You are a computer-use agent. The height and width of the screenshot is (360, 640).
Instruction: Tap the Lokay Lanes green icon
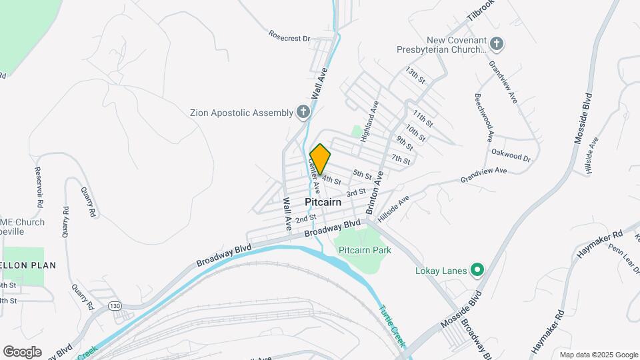point(477,270)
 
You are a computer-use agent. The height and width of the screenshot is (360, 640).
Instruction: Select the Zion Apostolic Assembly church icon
point(303,112)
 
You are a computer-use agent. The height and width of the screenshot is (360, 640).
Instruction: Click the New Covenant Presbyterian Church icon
point(496,45)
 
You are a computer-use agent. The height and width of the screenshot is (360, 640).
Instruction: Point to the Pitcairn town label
point(323,201)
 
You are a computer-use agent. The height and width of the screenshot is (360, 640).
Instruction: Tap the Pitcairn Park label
point(365,250)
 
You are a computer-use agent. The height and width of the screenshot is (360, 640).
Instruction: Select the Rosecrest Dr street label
point(289,35)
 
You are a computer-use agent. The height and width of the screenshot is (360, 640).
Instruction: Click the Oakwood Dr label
point(511,155)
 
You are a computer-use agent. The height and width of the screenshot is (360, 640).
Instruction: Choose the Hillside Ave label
point(393,209)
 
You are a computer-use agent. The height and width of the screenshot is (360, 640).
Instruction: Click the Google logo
point(22,352)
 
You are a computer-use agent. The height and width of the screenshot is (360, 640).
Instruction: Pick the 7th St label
point(401,159)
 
